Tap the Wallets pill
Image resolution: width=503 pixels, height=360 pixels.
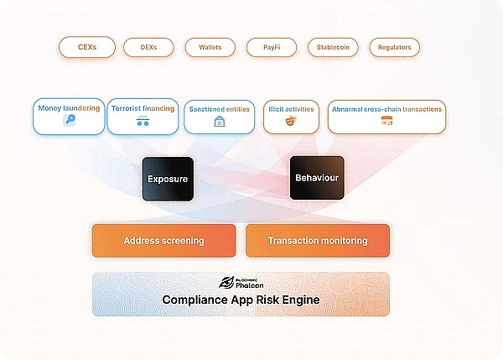click(x=210, y=47)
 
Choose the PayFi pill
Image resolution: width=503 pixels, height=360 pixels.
click(x=272, y=47)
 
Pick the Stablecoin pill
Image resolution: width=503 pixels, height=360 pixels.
click(x=333, y=47)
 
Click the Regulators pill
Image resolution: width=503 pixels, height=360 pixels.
click(x=394, y=47)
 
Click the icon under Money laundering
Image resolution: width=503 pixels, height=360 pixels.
click(x=70, y=122)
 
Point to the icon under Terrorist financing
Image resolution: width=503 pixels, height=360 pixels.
click(x=143, y=123)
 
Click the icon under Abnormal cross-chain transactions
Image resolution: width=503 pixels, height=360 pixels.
click(x=386, y=123)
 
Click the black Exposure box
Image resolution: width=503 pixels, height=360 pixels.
click(x=168, y=179)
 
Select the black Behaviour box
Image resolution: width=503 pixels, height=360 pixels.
click(x=316, y=178)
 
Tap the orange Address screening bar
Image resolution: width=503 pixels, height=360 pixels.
click(x=163, y=241)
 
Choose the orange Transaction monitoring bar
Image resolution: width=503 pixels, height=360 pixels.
click(x=317, y=241)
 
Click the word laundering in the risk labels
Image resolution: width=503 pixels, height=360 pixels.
click(x=83, y=108)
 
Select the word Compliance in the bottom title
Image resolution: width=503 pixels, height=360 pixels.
click(x=194, y=300)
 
